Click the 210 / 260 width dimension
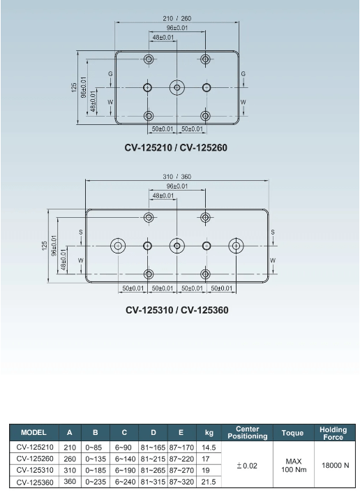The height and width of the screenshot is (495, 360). pos(177,19)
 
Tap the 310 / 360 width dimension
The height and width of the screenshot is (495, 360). pos(177,177)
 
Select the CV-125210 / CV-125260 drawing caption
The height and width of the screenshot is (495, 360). pos(176,148)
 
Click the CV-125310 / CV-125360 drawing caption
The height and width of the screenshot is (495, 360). pos(177,310)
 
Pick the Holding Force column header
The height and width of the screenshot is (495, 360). pos(333,433)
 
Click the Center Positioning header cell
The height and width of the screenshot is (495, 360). pos(248,432)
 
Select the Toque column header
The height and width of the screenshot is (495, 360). pos(292,433)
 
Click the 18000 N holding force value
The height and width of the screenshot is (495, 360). pos(336,465)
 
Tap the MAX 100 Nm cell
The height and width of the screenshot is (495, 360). pos(294,466)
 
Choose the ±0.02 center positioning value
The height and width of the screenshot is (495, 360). pos(247,466)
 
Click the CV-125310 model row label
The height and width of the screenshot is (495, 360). pos(35,471)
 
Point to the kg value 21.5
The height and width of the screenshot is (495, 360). pos(209,482)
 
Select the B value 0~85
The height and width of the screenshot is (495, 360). pos(93,448)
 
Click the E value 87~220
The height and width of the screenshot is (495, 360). pos(181,459)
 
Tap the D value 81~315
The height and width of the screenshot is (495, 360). pos(153,482)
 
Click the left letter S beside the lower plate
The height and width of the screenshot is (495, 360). pos(81,232)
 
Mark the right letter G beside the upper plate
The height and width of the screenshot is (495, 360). pos(243,74)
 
